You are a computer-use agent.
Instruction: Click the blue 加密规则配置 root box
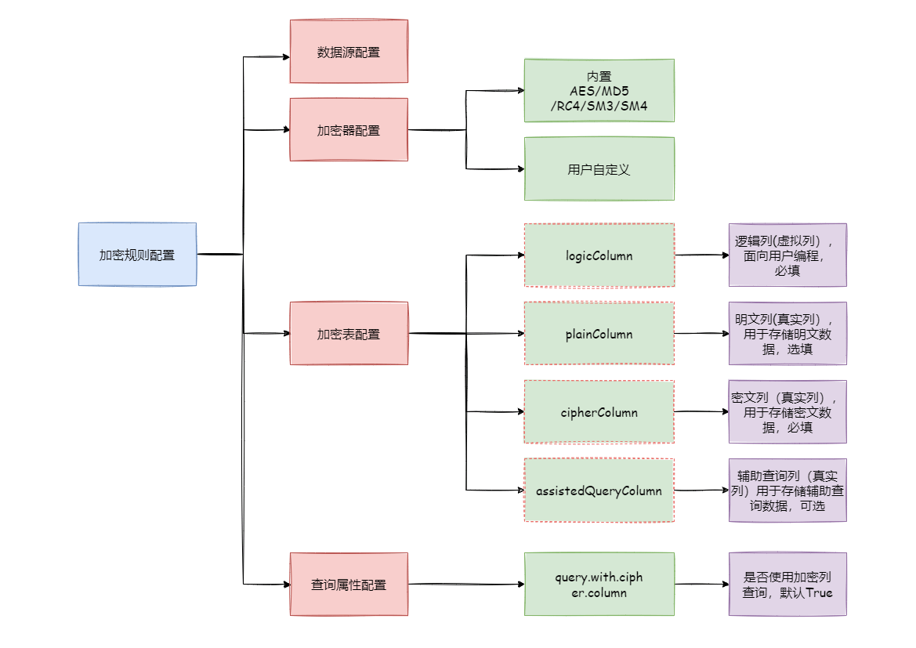coord(137,255)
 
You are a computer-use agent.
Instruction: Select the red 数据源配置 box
coord(349,52)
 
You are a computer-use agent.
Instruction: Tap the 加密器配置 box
coord(349,130)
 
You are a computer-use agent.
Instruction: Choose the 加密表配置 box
coord(349,334)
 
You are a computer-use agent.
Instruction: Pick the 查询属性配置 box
coord(349,585)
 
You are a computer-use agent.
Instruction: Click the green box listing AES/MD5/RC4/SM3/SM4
coord(599,91)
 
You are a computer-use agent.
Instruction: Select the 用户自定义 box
coord(599,169)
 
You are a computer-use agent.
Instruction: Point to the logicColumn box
coord(599,255)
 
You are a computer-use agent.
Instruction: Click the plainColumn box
coord(599,334)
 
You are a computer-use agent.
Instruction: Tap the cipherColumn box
coord(599,412)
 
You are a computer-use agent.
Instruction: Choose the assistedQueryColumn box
coord(599,491)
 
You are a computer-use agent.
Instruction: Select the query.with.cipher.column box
coord(599,585)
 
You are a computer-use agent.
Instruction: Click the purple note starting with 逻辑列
coord(787,255)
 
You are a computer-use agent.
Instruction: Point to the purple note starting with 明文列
coord(787,334)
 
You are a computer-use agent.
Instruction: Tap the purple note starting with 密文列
coord(787,412)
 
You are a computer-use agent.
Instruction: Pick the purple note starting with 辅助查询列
coord(787,491)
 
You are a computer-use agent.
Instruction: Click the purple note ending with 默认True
coord(787,585)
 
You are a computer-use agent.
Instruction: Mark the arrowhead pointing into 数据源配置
coord(285,57)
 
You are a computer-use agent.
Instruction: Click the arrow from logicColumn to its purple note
coord(701,255)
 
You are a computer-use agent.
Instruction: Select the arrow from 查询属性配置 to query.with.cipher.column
coord(465,584)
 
